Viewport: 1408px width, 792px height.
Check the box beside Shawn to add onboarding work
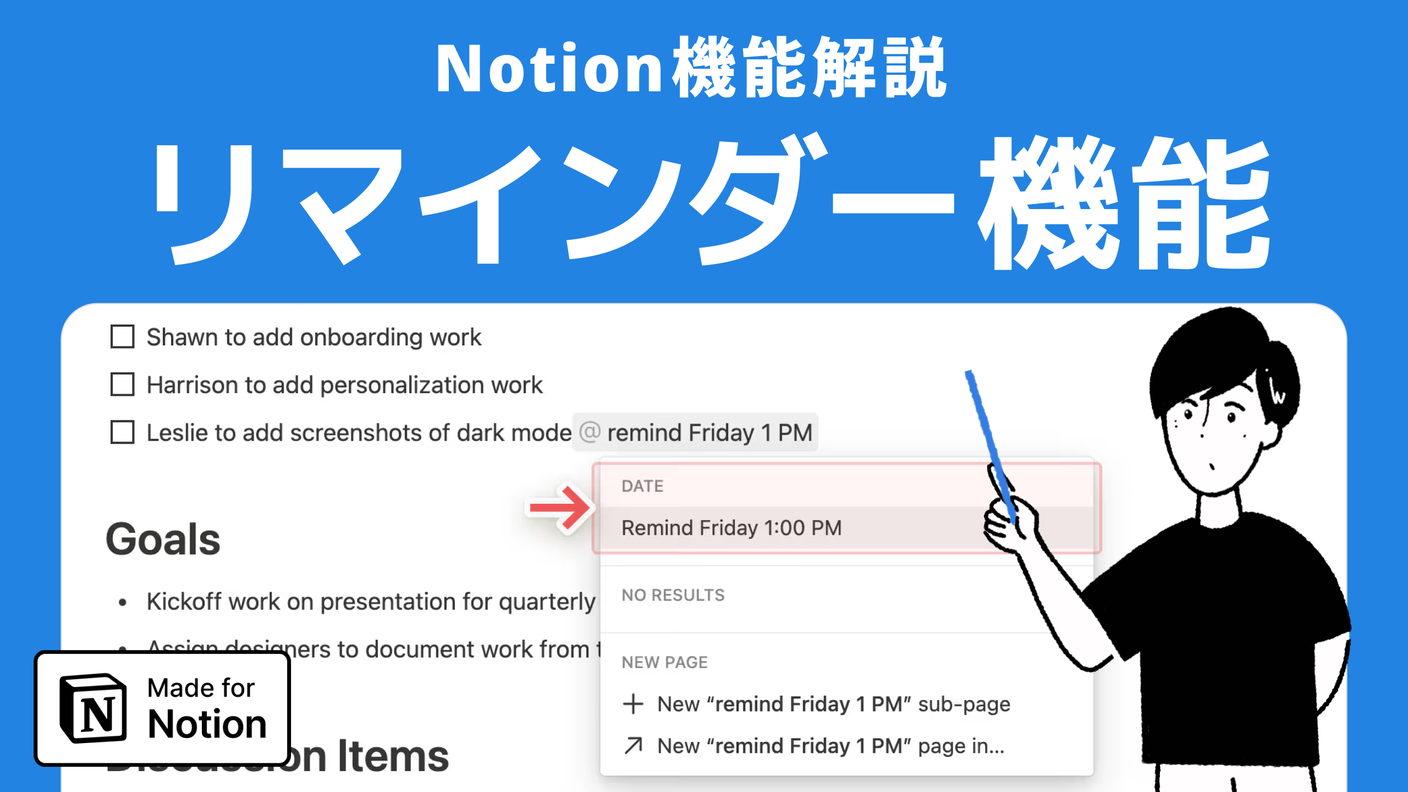point(122,337)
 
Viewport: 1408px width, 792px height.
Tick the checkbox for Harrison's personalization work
point(122,384)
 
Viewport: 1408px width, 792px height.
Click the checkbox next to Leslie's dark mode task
point(122,432)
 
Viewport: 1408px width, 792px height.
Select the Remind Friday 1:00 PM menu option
point(731,528)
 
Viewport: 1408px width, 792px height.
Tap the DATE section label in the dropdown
point(642,486)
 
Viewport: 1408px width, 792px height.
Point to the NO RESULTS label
point(673,595)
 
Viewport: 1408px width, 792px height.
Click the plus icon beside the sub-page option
point(633,704)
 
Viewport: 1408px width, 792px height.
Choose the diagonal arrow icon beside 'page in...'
point(633,746)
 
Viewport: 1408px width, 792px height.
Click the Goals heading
point(163,540)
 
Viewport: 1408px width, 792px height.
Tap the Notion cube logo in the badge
point(94,708)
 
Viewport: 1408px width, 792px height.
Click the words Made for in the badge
point(201,688)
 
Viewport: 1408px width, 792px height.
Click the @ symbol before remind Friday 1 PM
point(590,432)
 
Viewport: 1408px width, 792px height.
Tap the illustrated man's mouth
point(1211,468)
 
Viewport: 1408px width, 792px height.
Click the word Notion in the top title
point(550,69)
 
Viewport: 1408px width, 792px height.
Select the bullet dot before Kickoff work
point(123,603)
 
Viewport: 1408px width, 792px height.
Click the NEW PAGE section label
point(664,662)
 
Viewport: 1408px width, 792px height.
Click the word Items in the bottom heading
point(393,757)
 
